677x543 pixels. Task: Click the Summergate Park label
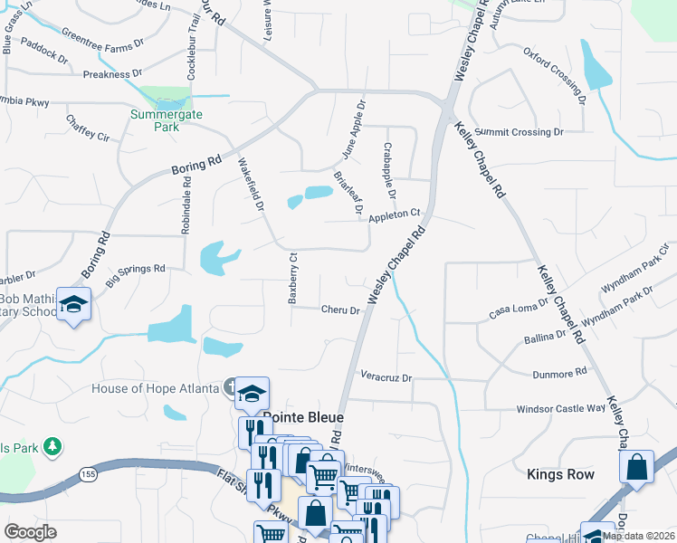(x=166, y=120)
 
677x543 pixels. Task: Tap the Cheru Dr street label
(x=341, y=310)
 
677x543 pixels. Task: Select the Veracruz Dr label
(x=386, y=377)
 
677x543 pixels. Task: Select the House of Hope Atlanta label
(x=156, y=388)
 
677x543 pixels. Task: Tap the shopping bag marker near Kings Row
(x=636, y=468)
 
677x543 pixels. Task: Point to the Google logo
(x=30, y=531)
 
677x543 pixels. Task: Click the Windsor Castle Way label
(x=559, y=409)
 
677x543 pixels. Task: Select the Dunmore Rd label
(x=560, y=371)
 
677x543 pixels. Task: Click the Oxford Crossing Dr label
(x=551, y=70)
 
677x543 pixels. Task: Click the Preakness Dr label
(x=112, y=74)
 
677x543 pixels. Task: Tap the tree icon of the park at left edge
(x=52, y=445)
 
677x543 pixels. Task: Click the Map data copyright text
(x=638, y=536)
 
